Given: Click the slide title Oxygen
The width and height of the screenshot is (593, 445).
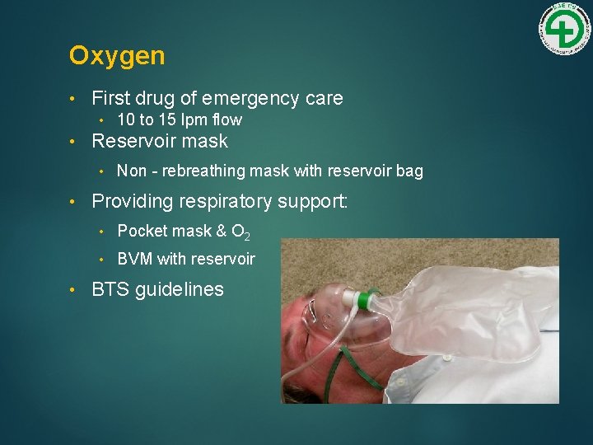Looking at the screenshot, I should point(117,56).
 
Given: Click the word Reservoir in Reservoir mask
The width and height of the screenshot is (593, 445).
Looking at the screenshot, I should point(136,141).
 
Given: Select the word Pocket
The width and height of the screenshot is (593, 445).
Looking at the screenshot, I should point(142,232).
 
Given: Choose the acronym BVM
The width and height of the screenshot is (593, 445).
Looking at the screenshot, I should point(135,260).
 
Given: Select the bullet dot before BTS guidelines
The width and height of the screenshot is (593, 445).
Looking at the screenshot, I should point(75,289).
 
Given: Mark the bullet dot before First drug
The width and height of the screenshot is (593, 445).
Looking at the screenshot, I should point(75,99).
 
